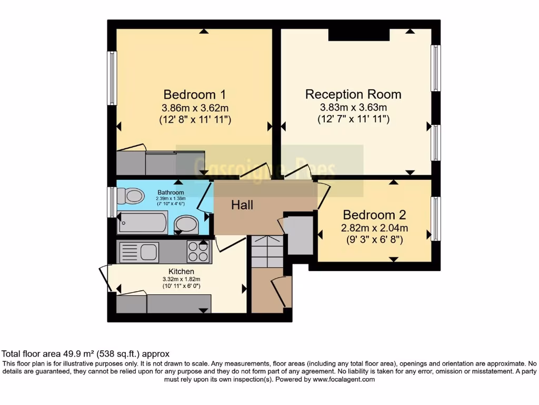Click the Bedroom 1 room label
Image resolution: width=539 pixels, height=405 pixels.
click(x=195, y=95)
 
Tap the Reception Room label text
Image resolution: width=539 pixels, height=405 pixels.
click(x=353, y=94)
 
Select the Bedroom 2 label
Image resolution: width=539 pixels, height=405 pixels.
click(x=375, y=215)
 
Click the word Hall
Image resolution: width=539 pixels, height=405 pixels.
click(x=242, y=205)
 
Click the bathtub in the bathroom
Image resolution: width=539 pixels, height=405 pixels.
click(x=143, y=222)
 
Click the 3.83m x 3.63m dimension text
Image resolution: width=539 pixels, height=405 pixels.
click(x=353, y=108)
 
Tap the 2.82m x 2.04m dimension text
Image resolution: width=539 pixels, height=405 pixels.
click(x=375, y=228)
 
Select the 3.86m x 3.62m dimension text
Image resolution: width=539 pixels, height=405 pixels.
click(x=195, y=108)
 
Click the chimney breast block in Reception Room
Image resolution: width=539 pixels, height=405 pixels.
click(x=358, y=34)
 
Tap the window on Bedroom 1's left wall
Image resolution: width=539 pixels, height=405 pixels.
click(x=112, y=78)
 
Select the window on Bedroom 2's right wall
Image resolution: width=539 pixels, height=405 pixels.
click(x=436, y=218)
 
